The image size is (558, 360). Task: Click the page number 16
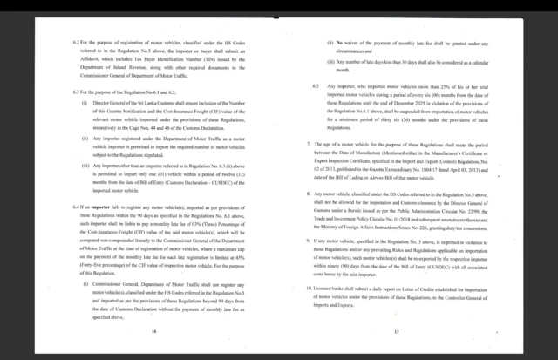[x=153, y=332]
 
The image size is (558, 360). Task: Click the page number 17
[x=396, y=332]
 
